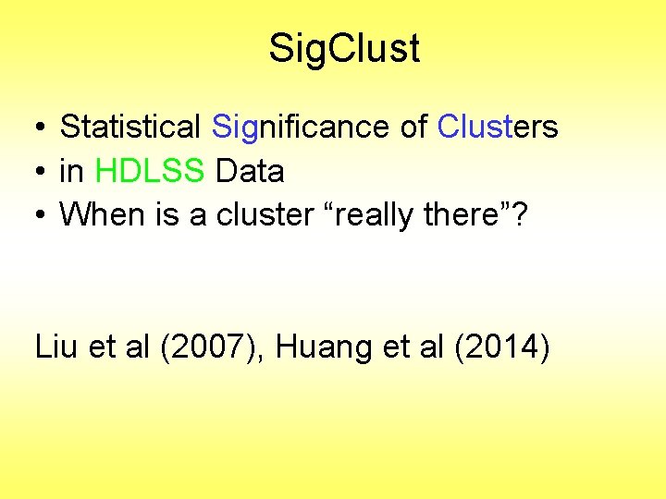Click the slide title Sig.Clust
point(344,48)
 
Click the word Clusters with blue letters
point(498,126)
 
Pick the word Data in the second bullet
point(250,170)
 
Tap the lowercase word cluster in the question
point(265,214)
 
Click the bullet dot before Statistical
point(42,127)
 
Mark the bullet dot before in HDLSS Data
point(42,171)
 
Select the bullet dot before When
point(42,215)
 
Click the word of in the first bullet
point(413,126)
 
